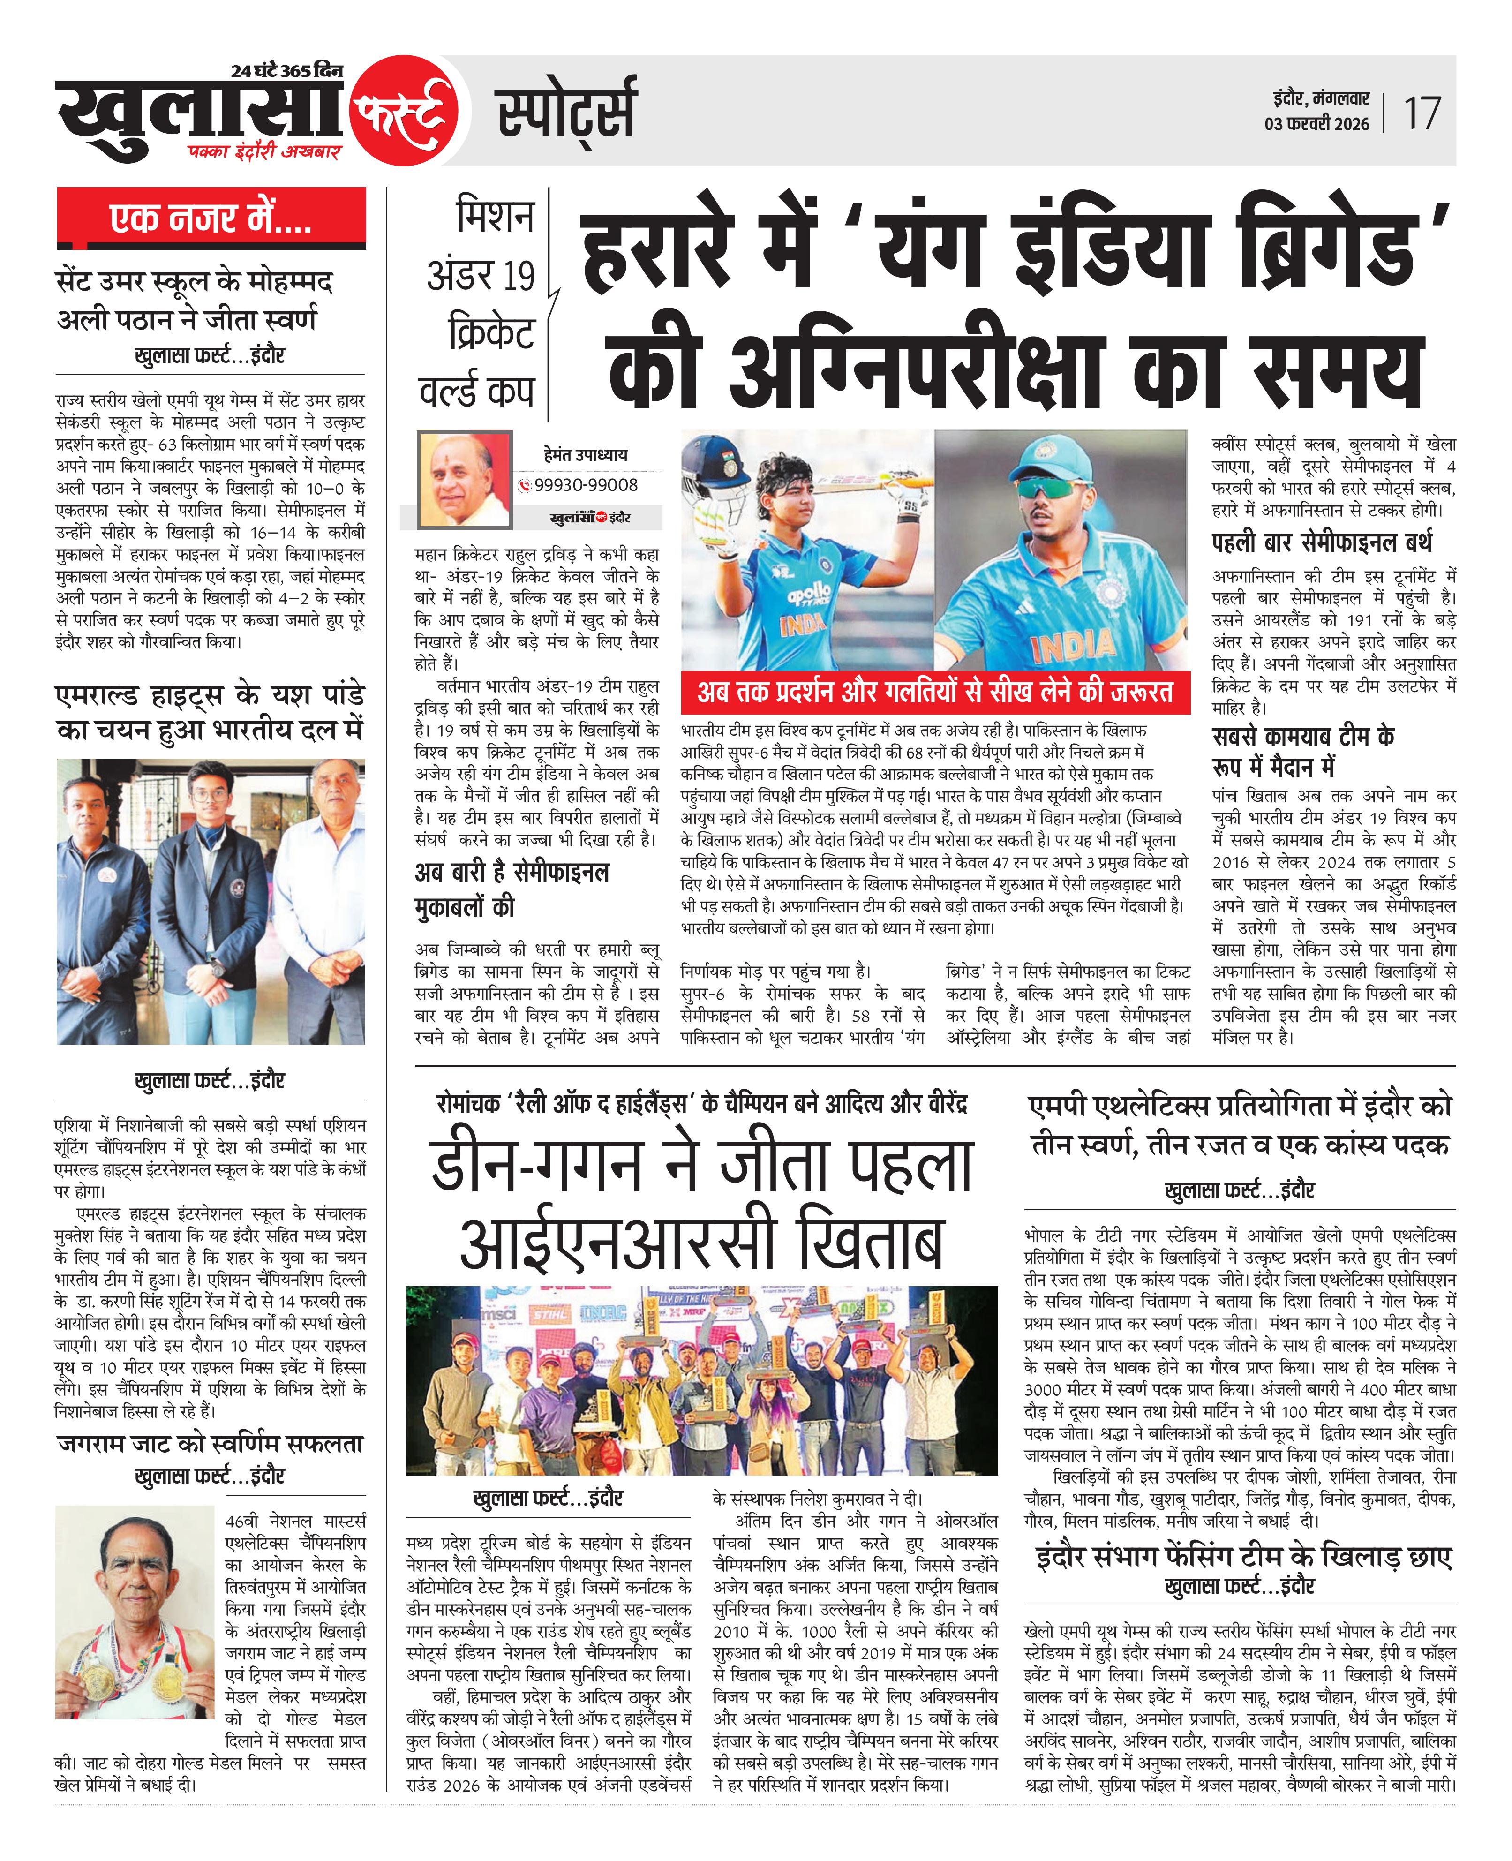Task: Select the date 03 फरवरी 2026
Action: point(1317,124)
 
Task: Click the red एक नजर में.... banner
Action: point(211,218)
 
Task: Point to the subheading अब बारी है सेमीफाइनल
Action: point(512,872)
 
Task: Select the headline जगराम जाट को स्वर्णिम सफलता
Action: point(210,1443)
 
